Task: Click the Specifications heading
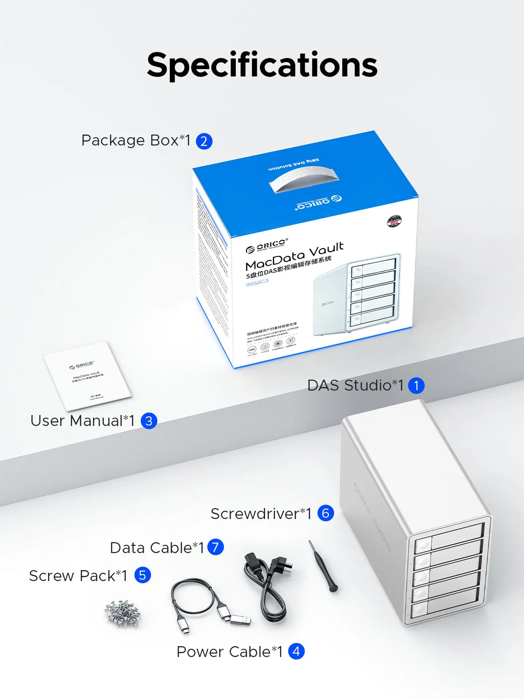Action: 262,65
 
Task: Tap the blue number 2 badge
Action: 204,141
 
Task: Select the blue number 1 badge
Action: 416,385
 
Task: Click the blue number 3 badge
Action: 149,421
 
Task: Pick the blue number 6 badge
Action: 326,513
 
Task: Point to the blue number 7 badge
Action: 215,547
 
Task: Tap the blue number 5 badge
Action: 142,575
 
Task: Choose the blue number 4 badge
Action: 296,651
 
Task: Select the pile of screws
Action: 123,613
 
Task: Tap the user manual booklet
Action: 87,376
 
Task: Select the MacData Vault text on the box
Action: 294,256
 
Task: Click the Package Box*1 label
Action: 136,141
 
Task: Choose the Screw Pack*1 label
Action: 78,576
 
